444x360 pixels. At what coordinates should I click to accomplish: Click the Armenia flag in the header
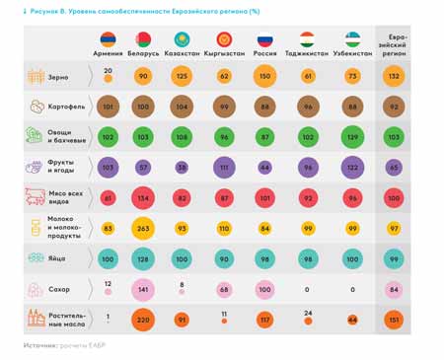(x=109, y=40)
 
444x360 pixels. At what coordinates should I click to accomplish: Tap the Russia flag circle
(x=264, y=40)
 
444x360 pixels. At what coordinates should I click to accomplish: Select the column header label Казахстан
(x=182, y=52)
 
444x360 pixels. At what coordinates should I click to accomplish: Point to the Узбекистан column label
(x=352, y=52)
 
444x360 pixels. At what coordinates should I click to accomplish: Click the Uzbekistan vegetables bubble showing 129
(x=352, y=137)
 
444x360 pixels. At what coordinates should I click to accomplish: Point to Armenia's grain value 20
(x=109, y=71)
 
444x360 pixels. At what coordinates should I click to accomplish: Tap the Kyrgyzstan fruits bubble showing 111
(x=224, y=168)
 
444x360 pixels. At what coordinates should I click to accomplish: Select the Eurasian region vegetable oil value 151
(x=395, y=320)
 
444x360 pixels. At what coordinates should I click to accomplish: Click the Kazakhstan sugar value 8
(x=182, y=284)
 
